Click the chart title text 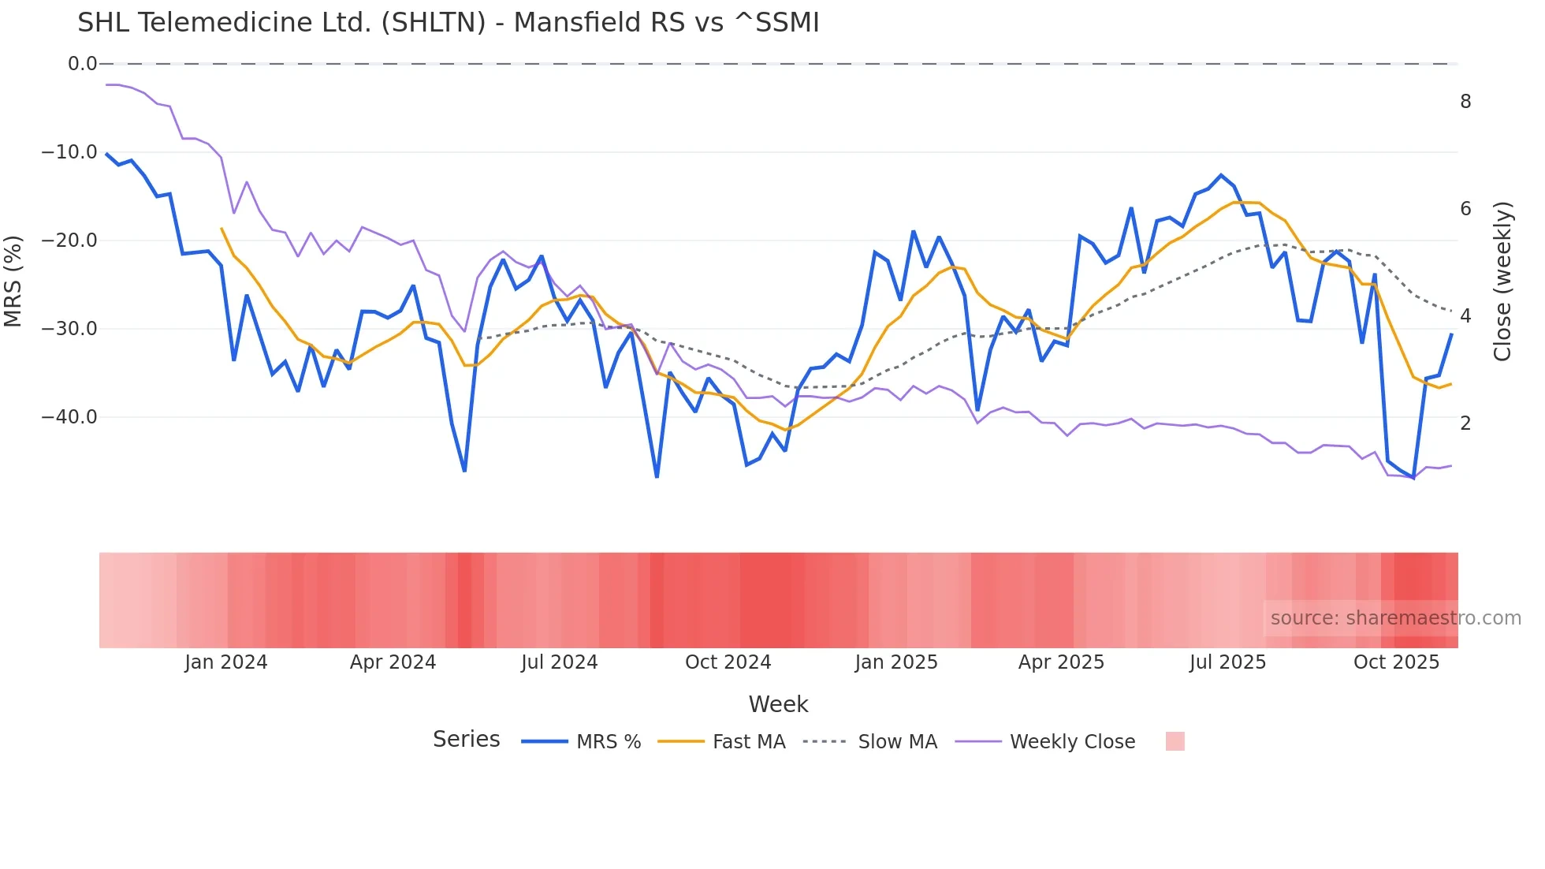coord(448,23)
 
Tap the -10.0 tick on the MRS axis coord(69,152)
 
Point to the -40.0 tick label coord(69,417)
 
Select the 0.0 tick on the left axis coord(82,64)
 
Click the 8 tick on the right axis coord(1465,102)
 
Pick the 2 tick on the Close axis coord(1465,423)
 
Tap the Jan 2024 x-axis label coord(226,662)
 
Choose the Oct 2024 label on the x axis coord(728,662)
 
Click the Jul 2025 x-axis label coord(1227,662)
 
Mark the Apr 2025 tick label coord(1061,662)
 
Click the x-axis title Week coord(778,704)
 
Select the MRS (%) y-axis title coord(13,281)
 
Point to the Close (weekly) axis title coord(1502,282)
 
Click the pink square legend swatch coord(1175,741)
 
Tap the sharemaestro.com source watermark coord(1395,618)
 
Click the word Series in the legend coord(466,740)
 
